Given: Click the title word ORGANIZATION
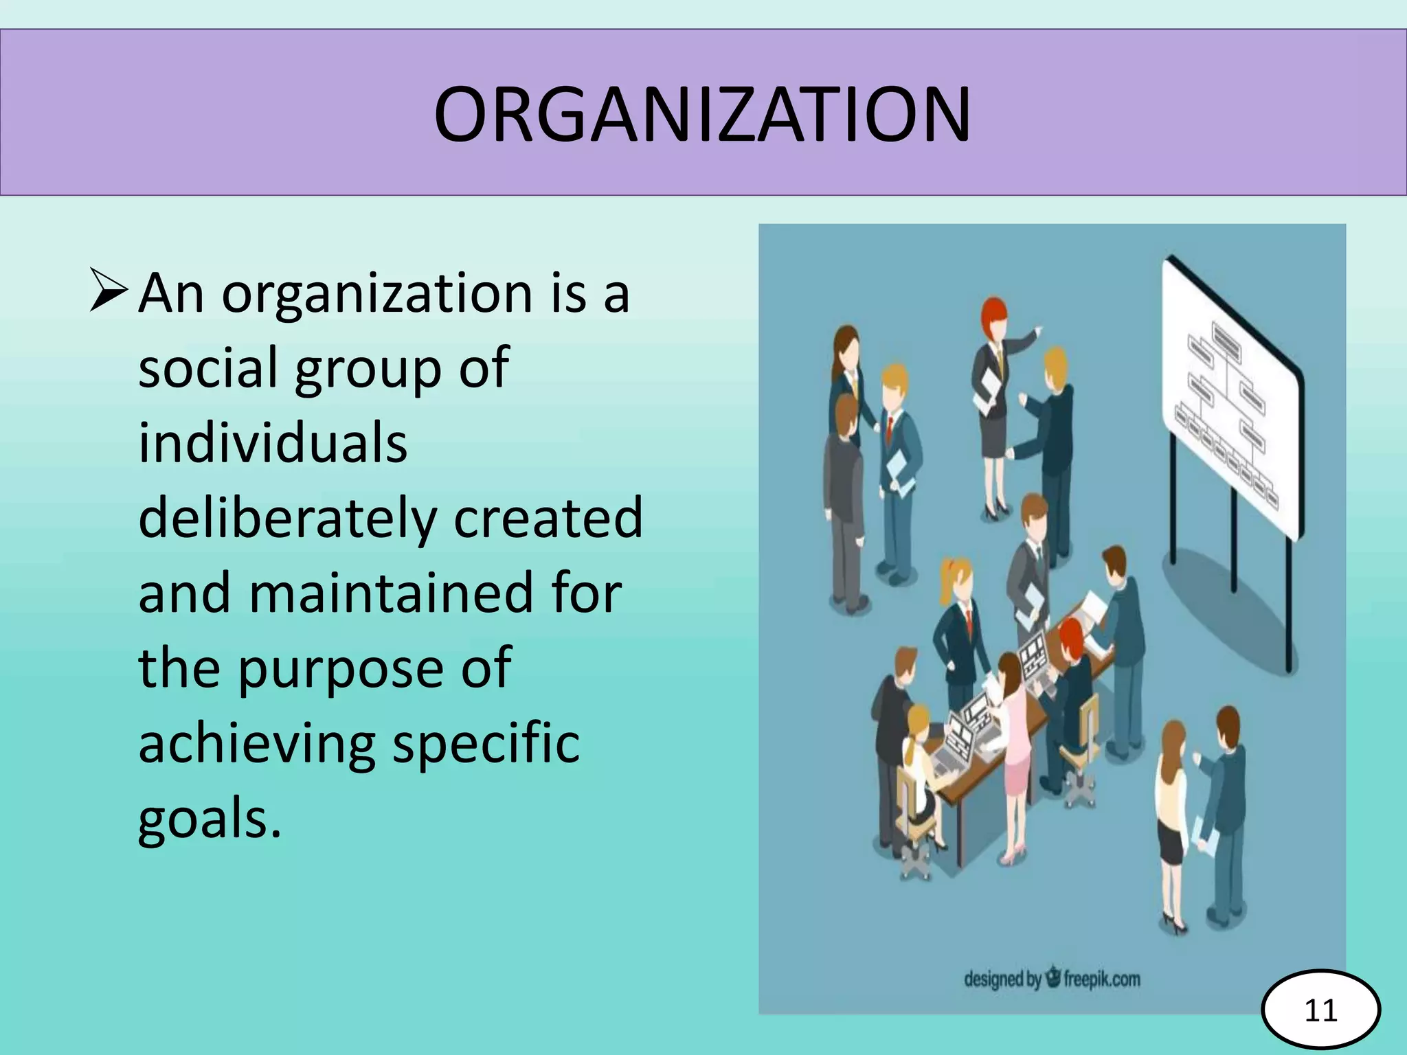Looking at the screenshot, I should tap(702, 114).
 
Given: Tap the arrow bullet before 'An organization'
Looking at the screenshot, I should tap(108, 291).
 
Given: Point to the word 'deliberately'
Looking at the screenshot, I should tap(287, 517).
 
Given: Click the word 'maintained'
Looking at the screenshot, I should tap(390, 593).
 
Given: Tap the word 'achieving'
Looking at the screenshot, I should tap(256, 745).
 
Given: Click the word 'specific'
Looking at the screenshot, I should tap(486, 743).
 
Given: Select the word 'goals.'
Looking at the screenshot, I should tap(210, 820).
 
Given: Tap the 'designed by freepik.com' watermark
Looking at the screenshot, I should tap(1052, 978).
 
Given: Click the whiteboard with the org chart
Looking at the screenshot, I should tap(1230, 398).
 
